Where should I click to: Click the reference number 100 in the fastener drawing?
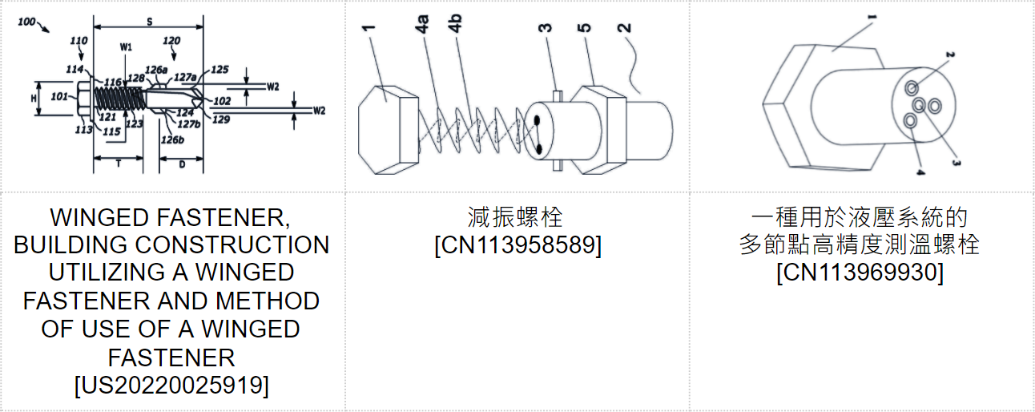click(26, 22)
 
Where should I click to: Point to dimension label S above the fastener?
click(149, 22)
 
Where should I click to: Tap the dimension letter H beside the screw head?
click(34, 98)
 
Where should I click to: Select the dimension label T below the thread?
click(119, 164)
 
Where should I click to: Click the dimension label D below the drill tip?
click(182, 164)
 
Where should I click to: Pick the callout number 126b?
click(172, 139)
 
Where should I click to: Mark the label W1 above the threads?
click(126, 47)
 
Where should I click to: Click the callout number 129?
click(221, 119)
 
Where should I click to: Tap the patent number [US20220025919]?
click(171, 385)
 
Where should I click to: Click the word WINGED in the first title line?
click(100, 217)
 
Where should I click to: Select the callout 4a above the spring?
click(422, 24)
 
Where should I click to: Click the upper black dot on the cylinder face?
click(537, 121)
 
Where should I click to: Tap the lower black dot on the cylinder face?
click(538, 149)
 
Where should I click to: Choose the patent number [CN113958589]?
click(518, 244)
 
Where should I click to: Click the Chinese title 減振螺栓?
click(515, 217)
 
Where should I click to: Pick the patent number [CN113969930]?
click(860, 273)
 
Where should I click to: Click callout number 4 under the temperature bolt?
click(920, 172)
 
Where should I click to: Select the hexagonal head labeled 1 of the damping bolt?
click(388, 130)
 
